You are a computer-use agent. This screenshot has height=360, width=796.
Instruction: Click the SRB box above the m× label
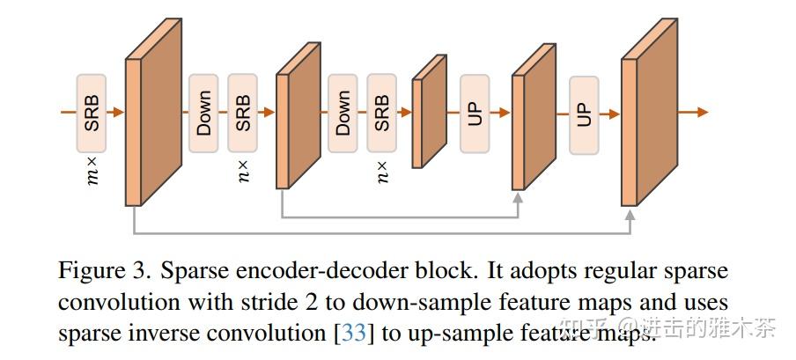pos(92,113)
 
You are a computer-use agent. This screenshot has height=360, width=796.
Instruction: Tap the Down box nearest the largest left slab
pos(203,113)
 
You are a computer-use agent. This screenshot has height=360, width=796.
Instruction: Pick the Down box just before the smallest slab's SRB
pos(343,113)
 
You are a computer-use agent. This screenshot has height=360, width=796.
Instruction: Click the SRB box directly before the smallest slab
pos(381,113)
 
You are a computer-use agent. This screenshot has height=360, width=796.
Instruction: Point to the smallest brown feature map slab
pos(430,112)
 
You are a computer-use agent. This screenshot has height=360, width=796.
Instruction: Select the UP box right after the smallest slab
pos(475,113)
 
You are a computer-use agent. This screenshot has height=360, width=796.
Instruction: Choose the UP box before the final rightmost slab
pos(583,113)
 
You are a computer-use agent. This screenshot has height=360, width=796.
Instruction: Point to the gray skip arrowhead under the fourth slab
pos(519,199)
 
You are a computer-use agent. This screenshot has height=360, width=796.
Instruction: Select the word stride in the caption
pos(256,303)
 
